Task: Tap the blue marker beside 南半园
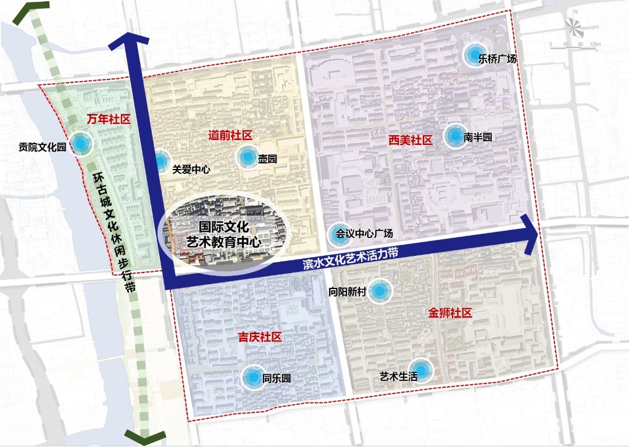click(454, 136)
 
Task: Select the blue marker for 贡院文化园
click(80, 144)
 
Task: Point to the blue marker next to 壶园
click(247, 157)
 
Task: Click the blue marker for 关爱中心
click(159, 162)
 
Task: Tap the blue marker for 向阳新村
click(380, 291)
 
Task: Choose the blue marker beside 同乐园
click(252, 378)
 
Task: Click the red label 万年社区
click(109, 119)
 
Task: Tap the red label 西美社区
click(410, 141)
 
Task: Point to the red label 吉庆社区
click(260, 337)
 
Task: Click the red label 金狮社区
click(449, 313)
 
